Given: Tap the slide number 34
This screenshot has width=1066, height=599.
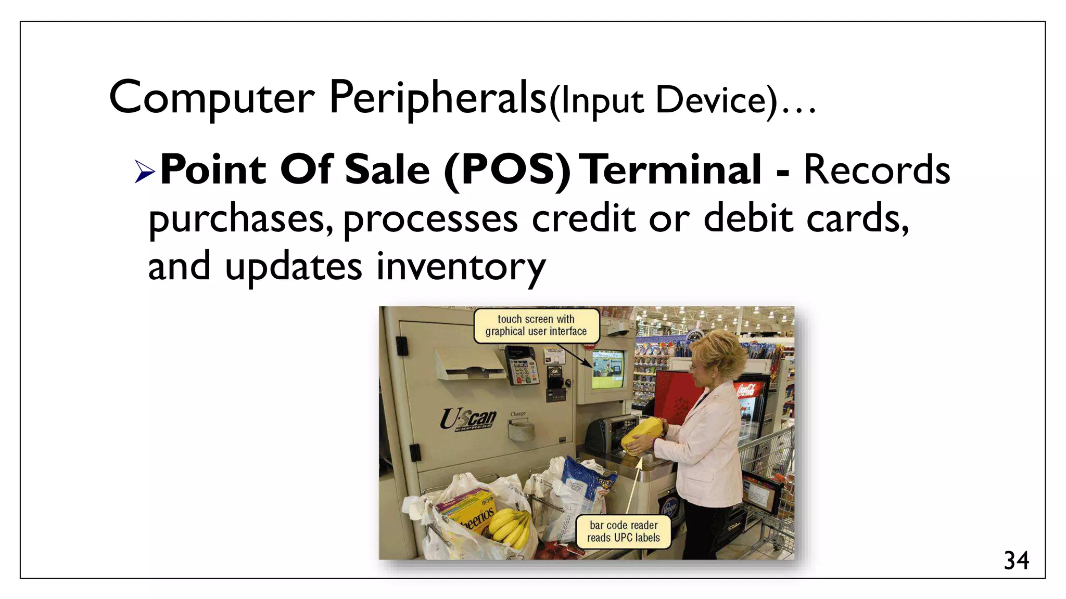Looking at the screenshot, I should point(1016,561).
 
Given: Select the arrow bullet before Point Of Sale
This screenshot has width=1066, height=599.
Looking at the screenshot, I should point(145,171).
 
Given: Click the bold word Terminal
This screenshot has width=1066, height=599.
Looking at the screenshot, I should point(671,170).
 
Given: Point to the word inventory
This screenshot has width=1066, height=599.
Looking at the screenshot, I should point(461,267).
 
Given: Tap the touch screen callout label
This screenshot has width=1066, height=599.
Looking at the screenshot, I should point(536,325).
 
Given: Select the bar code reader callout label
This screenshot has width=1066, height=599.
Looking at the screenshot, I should point(623,531).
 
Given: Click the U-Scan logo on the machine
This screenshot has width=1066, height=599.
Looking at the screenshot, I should point(468,419).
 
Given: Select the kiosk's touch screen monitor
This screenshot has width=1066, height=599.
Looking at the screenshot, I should point(607,370).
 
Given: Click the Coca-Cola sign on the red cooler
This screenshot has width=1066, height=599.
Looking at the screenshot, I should point(745,389).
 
